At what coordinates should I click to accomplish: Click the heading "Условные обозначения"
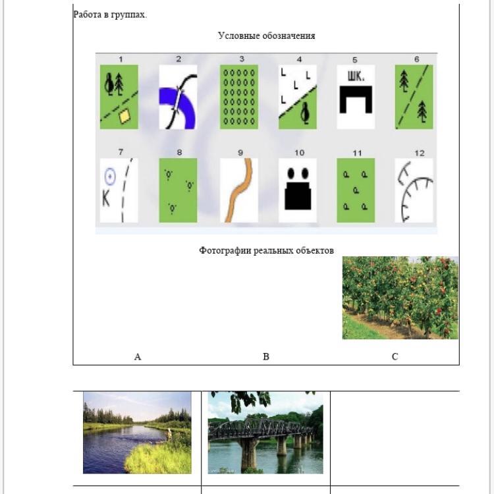(x=266, y=36)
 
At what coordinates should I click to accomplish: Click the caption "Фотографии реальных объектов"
(x=266, y=250)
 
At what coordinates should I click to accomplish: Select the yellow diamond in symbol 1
(x=124, y=116)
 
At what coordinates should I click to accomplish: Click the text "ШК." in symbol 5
(x=356, y=76)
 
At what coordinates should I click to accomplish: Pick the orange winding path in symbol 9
(x=240, y=190)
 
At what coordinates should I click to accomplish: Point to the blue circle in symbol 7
(x=109, y=177)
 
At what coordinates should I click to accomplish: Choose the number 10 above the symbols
(x=299, y=153)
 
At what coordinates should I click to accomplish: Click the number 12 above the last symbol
(x=420, y=153)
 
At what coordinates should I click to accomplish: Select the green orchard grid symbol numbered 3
(x=239, y=97)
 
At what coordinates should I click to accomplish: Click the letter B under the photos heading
(x=266, y=356)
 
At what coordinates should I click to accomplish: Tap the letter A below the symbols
(x=138, y=356)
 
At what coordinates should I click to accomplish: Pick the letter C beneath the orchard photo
(x=395, y=356)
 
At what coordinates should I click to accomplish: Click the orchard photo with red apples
(x=400, y=298)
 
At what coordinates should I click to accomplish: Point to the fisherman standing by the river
(x=169, y=435)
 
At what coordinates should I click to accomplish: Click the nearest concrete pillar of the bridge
(x=249, y=452)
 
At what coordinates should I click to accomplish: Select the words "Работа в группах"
(x=109, y=14)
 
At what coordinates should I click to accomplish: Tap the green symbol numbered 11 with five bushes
(x=356, y=190)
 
